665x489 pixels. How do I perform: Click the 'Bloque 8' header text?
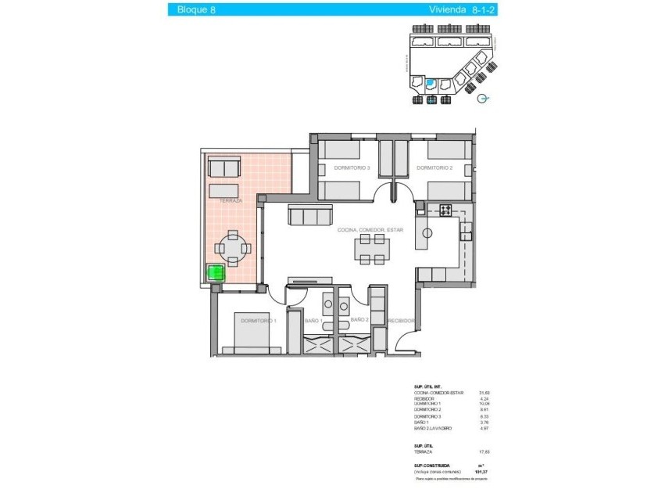coord(197,9)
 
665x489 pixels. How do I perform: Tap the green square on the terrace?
coord(214,273)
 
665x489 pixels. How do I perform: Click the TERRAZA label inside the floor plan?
coord(231,201)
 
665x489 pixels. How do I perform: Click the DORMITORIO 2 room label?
coord(434,168)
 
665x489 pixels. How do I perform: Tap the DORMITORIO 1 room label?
coord(258,320)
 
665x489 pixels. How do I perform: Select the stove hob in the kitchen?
coord(445,210)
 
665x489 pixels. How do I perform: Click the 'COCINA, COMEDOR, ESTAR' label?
coord(370,230)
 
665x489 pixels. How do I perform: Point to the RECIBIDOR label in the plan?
coord(401,320)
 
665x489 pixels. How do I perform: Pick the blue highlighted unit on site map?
coord(429,83)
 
